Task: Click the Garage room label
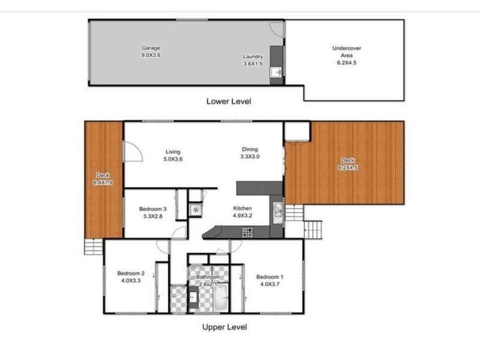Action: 151,48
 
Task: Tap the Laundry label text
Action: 253,57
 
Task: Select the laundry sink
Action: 277,73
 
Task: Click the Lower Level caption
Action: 228,101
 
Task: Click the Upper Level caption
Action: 224,327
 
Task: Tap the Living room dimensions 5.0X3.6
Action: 172,159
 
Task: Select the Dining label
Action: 250,149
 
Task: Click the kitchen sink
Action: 278,209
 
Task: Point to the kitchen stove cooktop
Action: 247,231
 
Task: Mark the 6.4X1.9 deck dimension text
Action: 104,182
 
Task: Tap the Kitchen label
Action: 242,209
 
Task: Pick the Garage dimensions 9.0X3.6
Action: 151,55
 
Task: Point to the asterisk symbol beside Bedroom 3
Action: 196,209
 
